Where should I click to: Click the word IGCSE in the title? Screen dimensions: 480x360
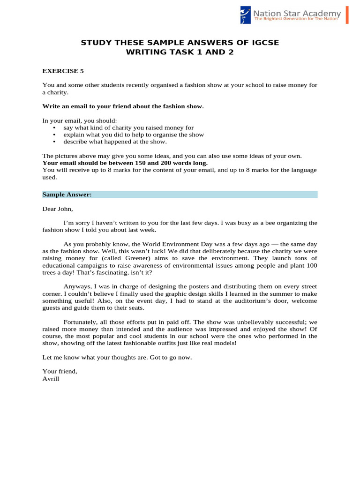261,43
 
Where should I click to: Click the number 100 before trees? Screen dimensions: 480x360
312,265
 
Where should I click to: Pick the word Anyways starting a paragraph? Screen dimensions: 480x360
77,286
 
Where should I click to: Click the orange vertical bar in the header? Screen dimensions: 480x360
347,15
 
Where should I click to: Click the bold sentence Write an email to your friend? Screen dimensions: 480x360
123,106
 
